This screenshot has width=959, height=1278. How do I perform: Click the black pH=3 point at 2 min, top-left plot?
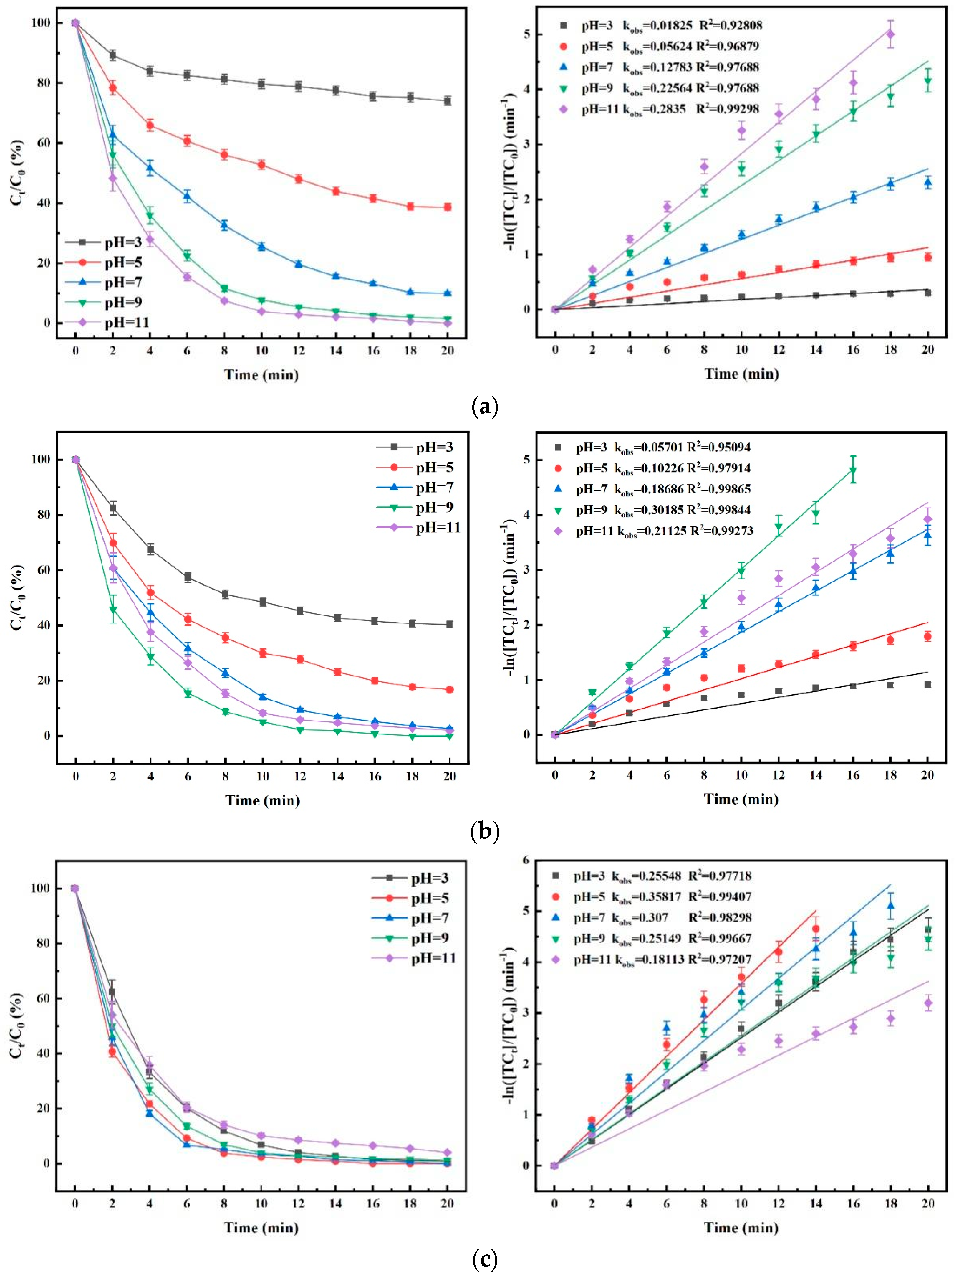(112, 55)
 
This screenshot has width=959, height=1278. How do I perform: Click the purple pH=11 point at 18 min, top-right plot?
(890, 34)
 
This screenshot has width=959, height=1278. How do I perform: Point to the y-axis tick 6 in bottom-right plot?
(525, 860)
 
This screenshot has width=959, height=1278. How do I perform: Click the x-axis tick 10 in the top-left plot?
(261, 350)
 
